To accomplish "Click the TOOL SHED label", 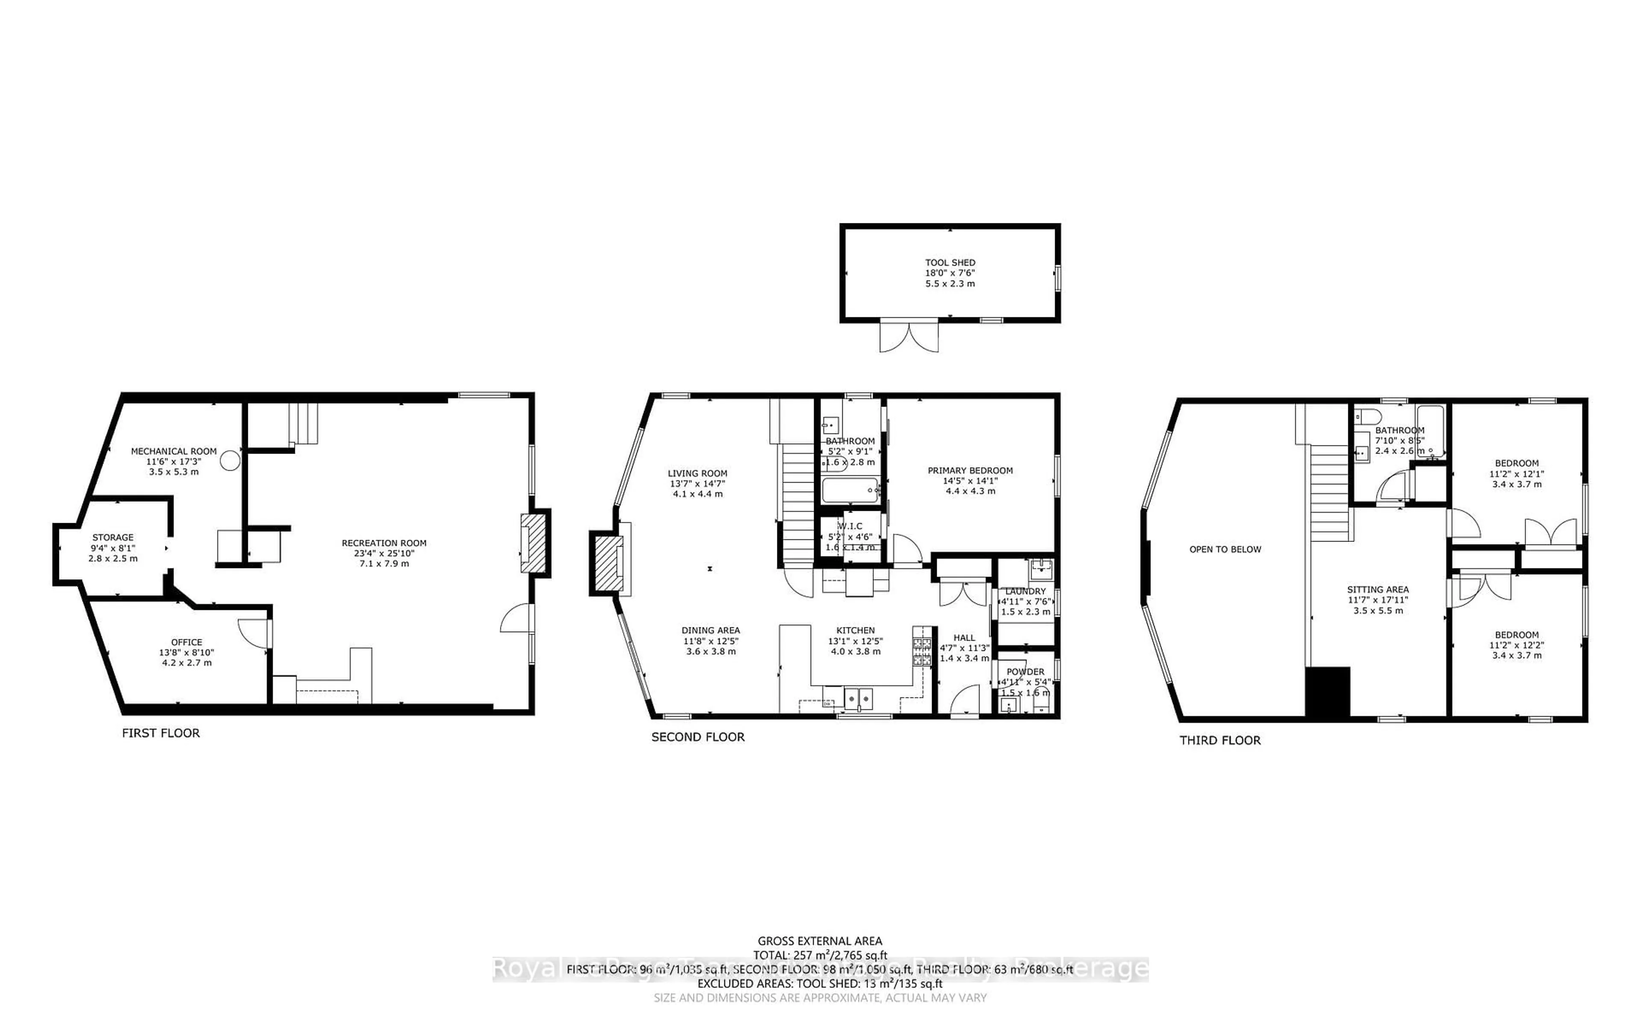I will pyautogui.click(x=950, y=262).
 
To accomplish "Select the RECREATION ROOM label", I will pyautogui.click(x=384, y=543).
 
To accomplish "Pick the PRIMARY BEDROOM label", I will pyautogui.click(x=970, y=471).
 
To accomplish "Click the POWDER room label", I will pyautogui.click(x=1025, y=672).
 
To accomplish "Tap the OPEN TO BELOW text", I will pyautogui.click(x=1225, y=549).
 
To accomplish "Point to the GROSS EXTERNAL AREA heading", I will pyautogui.click(x=819, y=941).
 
